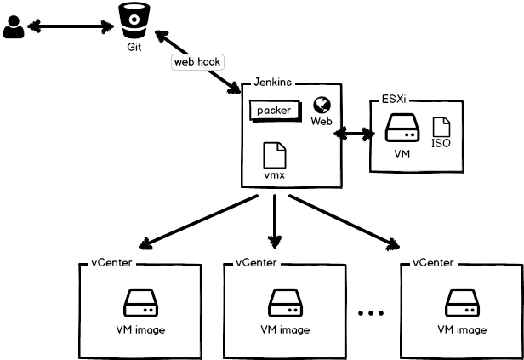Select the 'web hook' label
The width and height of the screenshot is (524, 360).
pyautogui.click(x=197, y=62)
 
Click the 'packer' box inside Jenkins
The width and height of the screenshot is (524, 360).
pyautogui.click(x=274, y=111)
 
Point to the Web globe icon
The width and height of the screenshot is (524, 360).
pyautogui.click(x=322, y=105)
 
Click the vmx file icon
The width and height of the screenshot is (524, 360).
pyautogui.click(x=274, y=155)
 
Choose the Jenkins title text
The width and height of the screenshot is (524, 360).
pyautogui.click(x=274, y=83)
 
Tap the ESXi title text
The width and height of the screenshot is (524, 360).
pyautogui.click(x=391, y=99)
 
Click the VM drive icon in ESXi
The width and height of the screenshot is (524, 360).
pyautogui.click(x=402, y=130)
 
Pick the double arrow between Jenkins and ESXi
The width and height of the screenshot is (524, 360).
pyautogui.click(x=355, y=134)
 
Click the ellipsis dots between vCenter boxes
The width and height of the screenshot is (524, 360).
pyautogui.click(x=372, y=314)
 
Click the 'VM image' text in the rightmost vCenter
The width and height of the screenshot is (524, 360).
pyautogui.click(x=462, y=329)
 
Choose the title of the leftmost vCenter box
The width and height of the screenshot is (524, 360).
pyautogui.click(x=111, y=262)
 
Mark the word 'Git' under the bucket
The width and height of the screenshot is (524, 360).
pyautogui.click(x=134, y=47)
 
